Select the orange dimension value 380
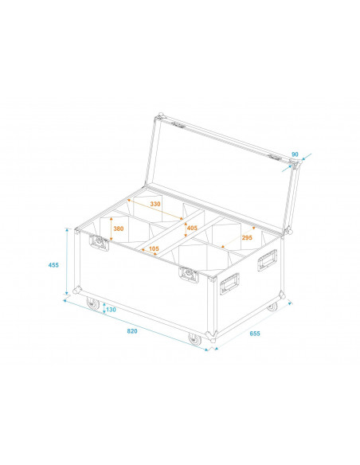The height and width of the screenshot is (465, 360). coord(119,229)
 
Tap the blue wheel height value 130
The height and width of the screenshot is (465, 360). coord(110,309)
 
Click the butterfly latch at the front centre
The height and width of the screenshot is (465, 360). coord(189,275)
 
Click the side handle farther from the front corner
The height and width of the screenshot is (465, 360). coord(268,260)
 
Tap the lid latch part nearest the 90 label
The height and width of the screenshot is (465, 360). coord(279,158)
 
